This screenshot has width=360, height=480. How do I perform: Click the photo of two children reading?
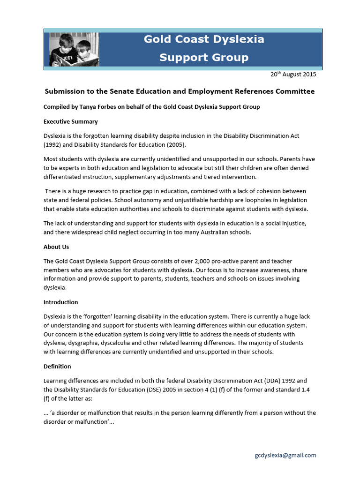[x=74, y=49]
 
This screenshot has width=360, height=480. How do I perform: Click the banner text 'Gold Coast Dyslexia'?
[x=203, y=39]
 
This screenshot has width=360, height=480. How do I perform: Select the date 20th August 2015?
[x=293, y=74]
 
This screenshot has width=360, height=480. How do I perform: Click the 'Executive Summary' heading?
[x=70, y=121]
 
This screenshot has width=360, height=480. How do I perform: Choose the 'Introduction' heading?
[x=60, y=302]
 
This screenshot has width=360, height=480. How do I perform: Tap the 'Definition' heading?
[x=57, y=366]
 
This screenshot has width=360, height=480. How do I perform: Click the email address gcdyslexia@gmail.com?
[x=285, y=455]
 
